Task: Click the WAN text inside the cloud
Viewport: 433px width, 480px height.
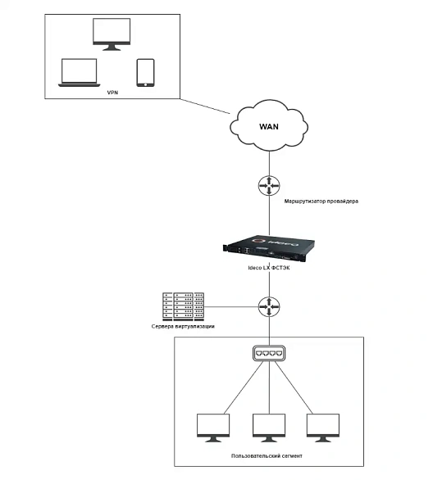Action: (269, 126)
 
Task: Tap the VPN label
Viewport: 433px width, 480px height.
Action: (112, 93)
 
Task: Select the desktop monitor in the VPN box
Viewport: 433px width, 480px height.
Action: (112, 34)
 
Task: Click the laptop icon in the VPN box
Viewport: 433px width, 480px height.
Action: (79, 73)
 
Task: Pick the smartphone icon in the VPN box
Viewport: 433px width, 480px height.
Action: (145, 73)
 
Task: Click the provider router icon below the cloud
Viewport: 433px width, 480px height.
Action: (269, 185)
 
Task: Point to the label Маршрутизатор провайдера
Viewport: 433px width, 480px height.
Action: (321, 202)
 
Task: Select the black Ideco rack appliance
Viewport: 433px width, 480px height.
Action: (269, 248)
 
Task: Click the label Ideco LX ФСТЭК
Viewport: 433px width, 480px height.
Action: (269, 268)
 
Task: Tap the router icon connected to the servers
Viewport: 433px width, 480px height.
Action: (269, 306)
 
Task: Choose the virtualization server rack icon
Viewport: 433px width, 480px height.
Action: (183, 306)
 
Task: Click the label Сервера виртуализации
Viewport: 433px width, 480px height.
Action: (183, 326)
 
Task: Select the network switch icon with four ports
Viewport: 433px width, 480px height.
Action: (269, 353)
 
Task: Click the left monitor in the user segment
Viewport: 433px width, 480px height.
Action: (213, 428)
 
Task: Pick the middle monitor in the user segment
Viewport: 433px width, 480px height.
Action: (269, 428)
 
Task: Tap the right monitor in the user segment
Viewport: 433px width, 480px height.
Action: (323, 428)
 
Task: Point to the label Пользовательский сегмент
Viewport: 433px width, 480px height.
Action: (267, 455)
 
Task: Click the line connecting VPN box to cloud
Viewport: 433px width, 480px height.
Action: (205, 106)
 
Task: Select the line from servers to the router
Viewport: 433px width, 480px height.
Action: (231, 306)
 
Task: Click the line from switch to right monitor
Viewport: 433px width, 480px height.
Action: (294, 387)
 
